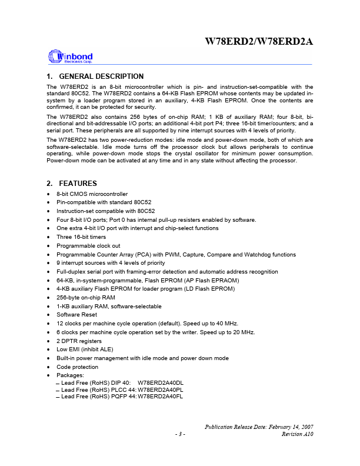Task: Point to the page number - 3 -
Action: (x=180, y=434)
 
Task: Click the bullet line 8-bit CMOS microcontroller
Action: (x=92, y=194)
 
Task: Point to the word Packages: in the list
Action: (x=70, y=375)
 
